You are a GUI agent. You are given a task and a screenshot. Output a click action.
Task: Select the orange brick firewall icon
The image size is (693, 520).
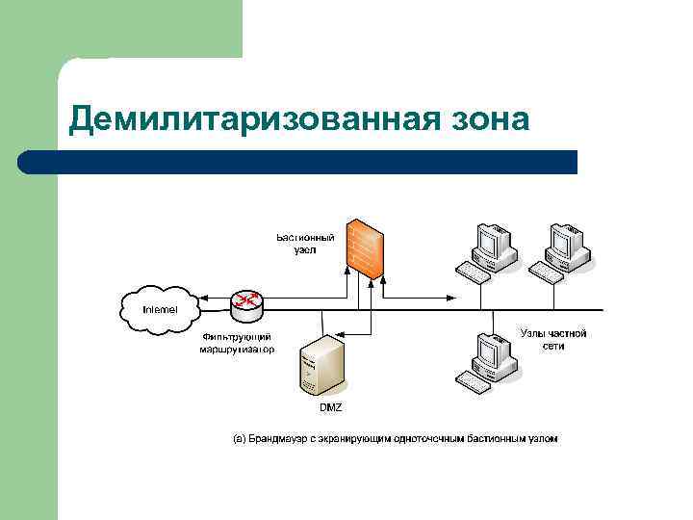point(366,247)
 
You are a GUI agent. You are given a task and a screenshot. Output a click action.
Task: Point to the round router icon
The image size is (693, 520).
point(246,303)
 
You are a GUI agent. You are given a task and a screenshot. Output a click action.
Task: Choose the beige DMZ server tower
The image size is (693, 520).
point(323,365)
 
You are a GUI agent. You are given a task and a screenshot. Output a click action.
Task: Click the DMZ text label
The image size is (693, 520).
point(330,408)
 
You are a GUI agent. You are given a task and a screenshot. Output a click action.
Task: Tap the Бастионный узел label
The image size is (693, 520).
point(305,243)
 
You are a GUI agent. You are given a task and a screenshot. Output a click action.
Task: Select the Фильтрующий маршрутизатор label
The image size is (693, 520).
point(236,343)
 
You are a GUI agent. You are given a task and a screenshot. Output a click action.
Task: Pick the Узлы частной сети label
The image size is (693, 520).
point(552,340)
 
